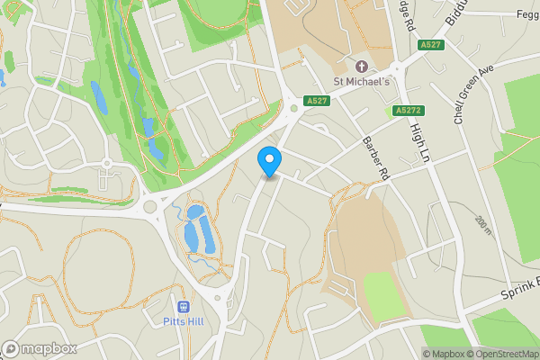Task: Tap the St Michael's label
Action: pos(361,81)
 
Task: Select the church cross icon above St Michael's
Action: pos(362,66)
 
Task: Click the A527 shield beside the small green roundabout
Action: pos(315,100)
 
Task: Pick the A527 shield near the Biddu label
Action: pos(431,44)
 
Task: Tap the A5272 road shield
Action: pos(408,111)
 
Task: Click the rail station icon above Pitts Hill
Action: pos(183,307)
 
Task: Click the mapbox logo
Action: pos(39,348)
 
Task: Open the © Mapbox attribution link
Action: pos(444,353)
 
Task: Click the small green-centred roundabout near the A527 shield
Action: pos(293,111)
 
